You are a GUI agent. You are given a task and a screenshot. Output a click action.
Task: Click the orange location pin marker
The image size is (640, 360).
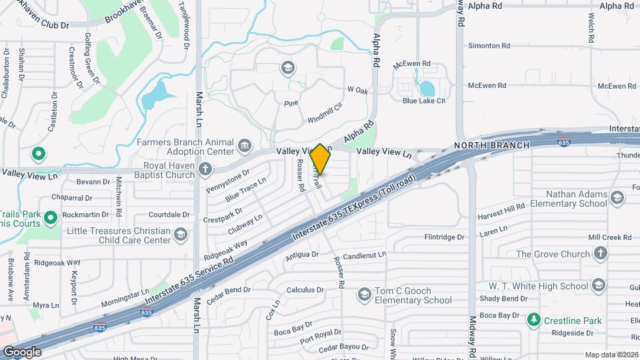point(320,160)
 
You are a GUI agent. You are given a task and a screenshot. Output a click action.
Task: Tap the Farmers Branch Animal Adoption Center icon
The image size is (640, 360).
point(245,145)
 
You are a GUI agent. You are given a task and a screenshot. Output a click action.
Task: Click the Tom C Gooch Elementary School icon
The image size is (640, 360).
point(364,293)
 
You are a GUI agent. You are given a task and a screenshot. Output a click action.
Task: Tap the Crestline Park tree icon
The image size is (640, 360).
point(533,321)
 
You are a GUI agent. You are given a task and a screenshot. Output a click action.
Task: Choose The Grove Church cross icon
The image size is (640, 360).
point(600,253)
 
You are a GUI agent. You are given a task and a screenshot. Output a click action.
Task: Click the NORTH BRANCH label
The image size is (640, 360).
point(492,145)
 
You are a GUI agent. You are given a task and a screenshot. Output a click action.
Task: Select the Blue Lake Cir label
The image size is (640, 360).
point(423,101)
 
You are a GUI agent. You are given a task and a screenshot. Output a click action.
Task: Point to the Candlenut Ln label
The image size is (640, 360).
point(365,255)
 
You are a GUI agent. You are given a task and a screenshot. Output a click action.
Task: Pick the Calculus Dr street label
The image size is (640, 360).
point(305,290)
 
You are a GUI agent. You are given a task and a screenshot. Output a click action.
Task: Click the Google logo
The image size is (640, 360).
point(22,351)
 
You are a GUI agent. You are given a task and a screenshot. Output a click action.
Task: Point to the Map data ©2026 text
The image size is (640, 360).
point(611,355)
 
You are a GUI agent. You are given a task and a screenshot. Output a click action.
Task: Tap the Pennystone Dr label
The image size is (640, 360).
point(227,179)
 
